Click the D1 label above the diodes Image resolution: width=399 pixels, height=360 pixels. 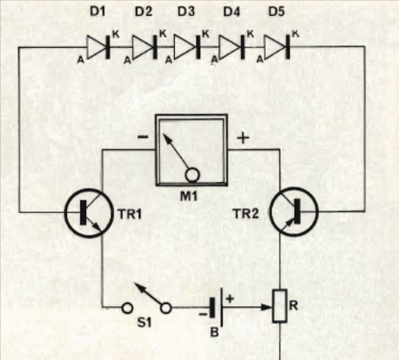[98, 11]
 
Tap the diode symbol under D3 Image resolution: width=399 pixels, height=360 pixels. [188, 47]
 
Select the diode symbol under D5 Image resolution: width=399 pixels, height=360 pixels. [277, 47]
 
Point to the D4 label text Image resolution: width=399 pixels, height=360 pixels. [231, 11]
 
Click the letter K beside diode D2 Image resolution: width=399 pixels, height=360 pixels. [163, 34]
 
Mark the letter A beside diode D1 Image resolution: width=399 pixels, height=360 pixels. [81, 60]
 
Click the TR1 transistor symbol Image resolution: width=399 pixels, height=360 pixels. [89, 213]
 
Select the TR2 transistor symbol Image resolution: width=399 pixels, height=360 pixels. [294, 212]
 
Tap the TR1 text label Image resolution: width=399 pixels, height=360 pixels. [130, 214]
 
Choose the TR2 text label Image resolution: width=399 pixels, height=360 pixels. [246, 214]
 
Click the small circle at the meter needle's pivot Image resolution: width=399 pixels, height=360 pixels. [192, 176]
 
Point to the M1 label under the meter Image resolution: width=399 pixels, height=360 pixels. [189, 196]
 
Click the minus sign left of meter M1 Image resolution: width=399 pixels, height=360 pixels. [143, 137]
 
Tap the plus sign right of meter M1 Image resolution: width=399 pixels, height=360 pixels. [243, 138]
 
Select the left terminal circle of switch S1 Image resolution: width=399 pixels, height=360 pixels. [127, 308]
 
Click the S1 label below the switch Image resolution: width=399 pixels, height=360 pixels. [144, 322]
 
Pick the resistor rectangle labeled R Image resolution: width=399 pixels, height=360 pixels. [280, 306]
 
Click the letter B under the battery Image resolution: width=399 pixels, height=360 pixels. [215, 332]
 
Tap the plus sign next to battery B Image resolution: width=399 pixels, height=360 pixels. [230, 299]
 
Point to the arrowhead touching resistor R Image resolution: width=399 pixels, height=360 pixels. [267, 307]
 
